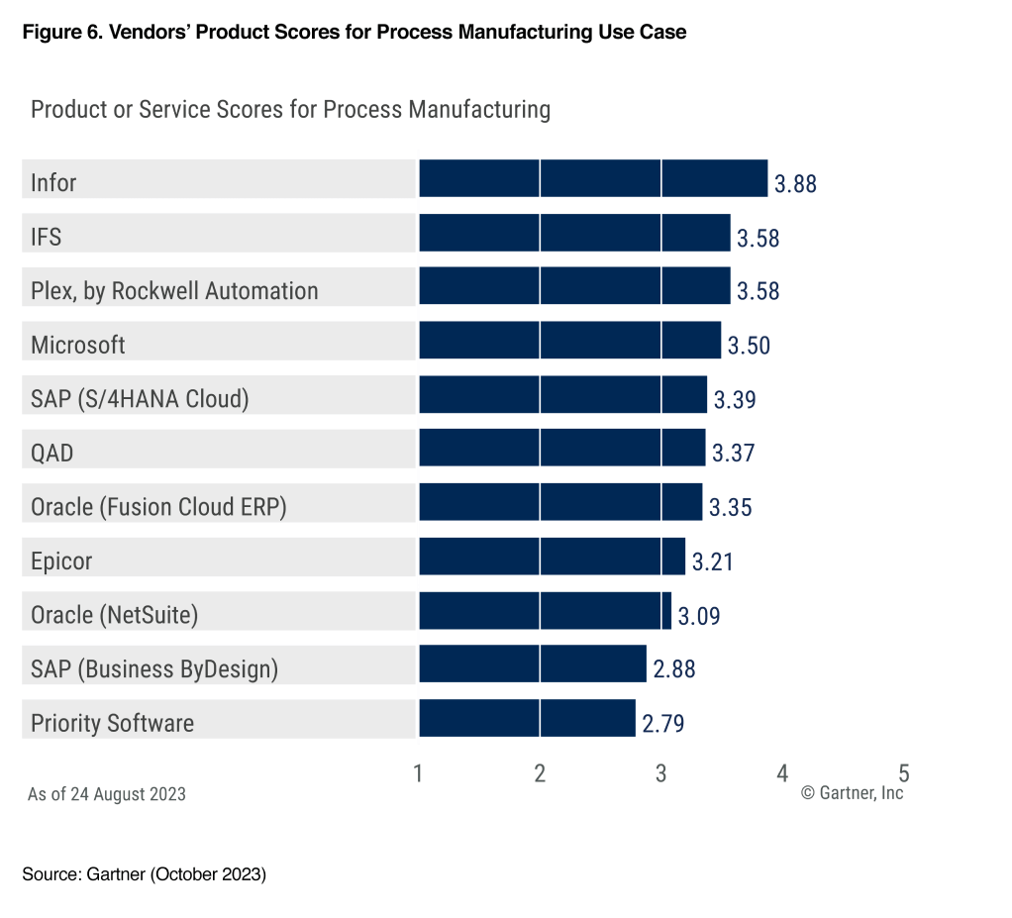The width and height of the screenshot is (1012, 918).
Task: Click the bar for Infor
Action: click(593, 178)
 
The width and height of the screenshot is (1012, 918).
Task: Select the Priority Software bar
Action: click(527, 718)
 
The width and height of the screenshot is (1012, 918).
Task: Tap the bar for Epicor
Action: click(552, 557)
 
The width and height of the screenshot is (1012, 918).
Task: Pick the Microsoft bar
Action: click(569, 341)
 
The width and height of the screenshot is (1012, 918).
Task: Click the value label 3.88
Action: click(795, 184)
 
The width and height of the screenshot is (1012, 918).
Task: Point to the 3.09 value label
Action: click(699, 616)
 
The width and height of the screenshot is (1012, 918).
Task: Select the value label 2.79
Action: click(663, 724)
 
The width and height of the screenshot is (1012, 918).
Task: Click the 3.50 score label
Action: click(749, 346)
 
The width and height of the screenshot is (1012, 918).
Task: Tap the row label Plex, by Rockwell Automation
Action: click(174, 291)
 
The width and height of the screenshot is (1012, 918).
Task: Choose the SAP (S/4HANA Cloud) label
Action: click(140, 399)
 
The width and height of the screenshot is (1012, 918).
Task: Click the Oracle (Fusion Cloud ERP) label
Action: click(158, 507)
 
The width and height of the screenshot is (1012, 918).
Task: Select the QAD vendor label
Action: click(52, 454)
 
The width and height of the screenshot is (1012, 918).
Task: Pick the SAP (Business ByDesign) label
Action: click(154, 669)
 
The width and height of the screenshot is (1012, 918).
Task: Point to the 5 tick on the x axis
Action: click(903, 773)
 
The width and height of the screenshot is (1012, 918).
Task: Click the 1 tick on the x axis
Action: click(419, 773)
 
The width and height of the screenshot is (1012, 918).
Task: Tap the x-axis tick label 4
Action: click(782, 773)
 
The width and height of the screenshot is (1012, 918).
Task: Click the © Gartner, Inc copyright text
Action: click(852, 793)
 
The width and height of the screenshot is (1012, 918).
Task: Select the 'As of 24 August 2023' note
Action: click(107, 794)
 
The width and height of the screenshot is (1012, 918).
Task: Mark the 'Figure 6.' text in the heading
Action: click(58, 32)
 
